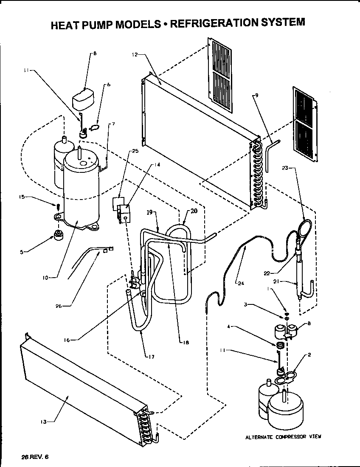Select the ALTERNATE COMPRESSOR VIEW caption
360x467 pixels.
tap(283, 436)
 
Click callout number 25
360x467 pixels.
tap(135, 151)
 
